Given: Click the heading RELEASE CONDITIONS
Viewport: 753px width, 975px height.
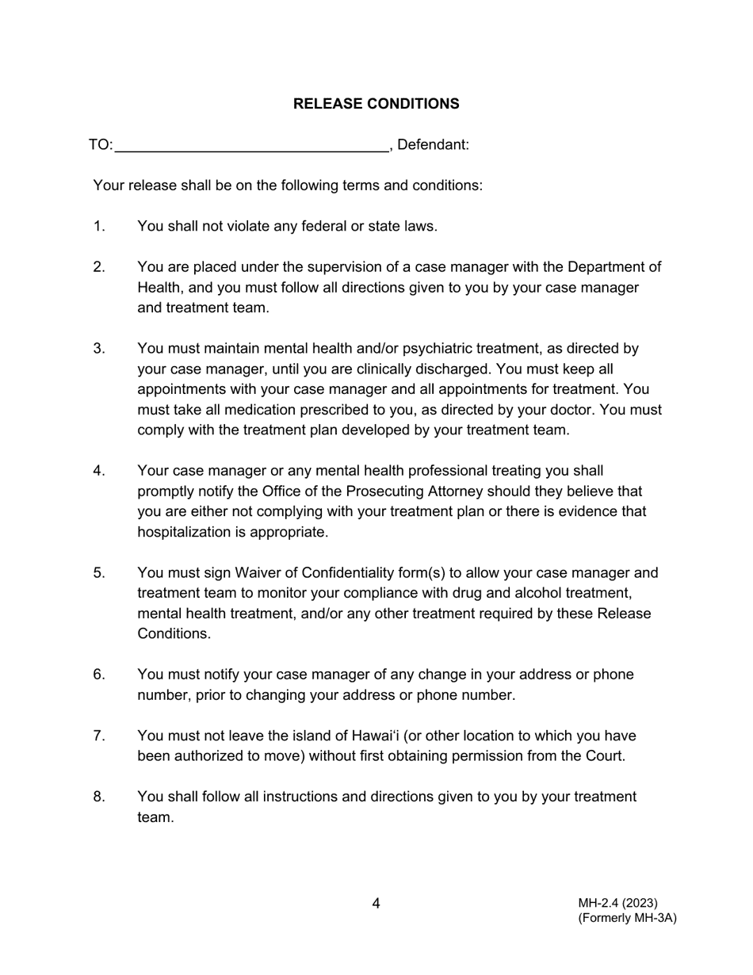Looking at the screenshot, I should (x=376, y=104).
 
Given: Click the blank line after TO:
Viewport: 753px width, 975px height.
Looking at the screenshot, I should (x=251, y=145).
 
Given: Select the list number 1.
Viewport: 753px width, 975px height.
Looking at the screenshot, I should (x=98, y=226).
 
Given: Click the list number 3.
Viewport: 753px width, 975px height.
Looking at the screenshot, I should (x=98, y=349).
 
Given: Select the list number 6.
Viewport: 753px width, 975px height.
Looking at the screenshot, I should (x=98, y=675).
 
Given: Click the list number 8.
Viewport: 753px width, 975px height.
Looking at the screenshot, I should (x=98, y=797).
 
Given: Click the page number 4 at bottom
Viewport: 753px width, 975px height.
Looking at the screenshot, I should (x=376, y=904).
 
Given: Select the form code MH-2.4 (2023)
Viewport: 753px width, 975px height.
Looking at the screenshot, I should (x=617, y=903).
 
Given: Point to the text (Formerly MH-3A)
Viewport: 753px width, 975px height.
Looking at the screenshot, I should (x=627, y=918).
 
